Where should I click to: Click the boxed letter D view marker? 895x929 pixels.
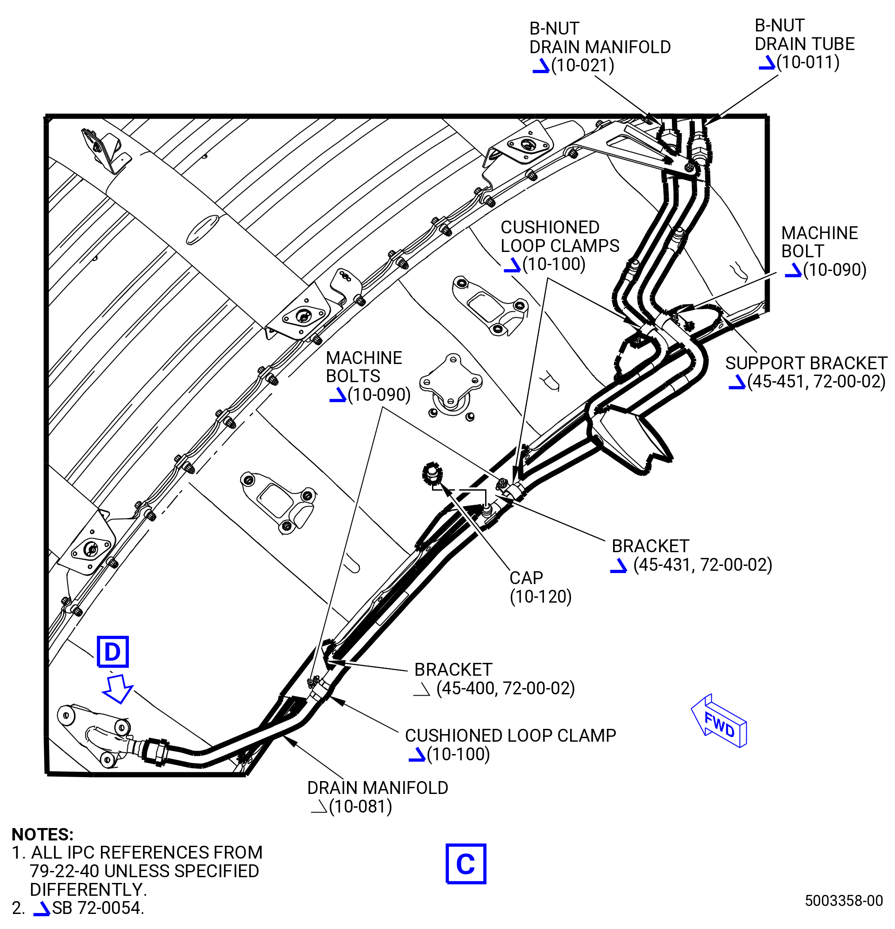(112, 651)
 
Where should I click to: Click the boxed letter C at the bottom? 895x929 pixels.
(466, 863)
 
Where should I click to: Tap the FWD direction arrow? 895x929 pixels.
(719, 721)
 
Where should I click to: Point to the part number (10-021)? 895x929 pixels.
(583, 66)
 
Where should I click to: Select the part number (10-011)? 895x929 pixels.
(808, 62)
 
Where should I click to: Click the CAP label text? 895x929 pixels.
(526, 578)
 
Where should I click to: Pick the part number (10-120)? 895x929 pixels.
(540, 596)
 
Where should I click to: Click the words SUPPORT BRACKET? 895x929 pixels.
(806, 363)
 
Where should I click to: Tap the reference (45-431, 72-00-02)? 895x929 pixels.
(702, 565)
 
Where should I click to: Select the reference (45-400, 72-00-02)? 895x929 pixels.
(505, 688)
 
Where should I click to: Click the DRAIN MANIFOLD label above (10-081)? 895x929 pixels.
(378, 788)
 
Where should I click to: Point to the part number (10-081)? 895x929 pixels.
(361, 806)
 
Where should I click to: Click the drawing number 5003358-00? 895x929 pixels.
(844, 900)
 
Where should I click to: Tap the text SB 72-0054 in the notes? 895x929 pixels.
(98, 908)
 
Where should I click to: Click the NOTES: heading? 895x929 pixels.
(42, 834)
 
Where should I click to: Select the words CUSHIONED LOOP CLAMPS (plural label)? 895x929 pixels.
(559, 236)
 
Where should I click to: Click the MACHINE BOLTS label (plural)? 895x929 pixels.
(364, 367)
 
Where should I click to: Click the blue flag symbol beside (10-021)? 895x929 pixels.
(540, 66)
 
